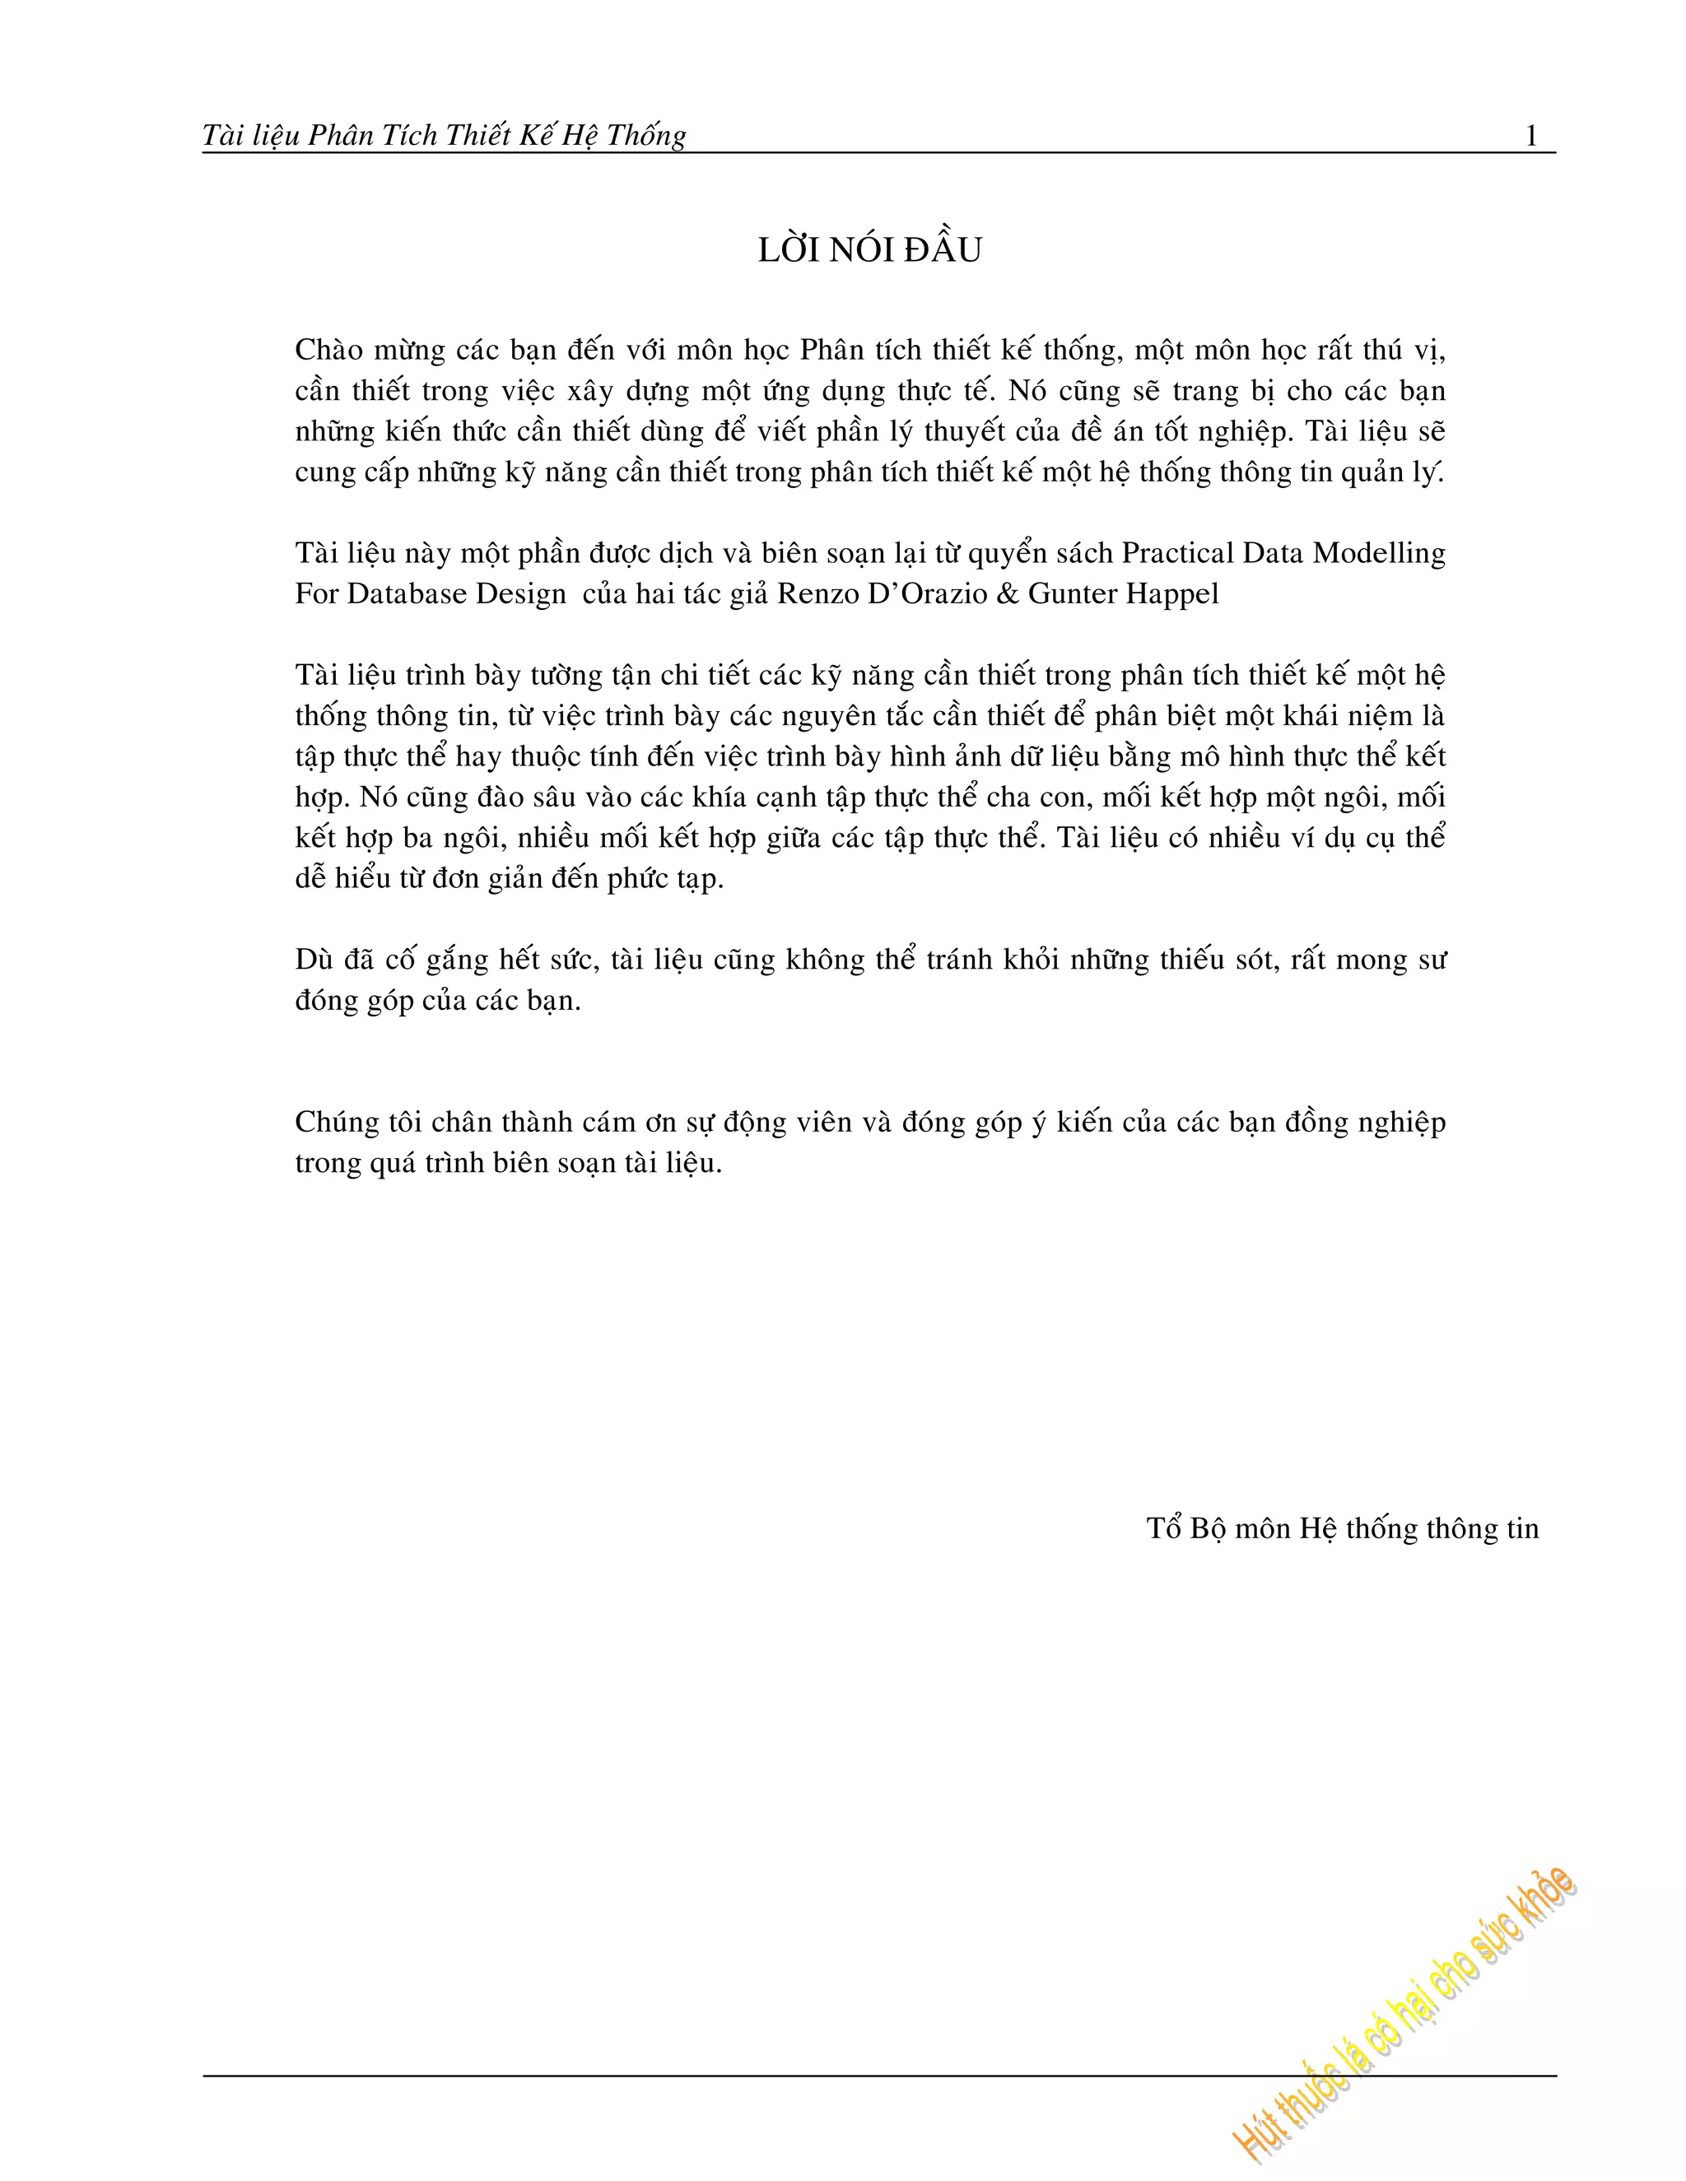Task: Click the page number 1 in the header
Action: (1531, 136)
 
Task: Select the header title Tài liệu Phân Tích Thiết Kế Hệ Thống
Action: (445, 136)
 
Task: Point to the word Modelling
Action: (1380, 553)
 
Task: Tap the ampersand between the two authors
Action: (1008, 594)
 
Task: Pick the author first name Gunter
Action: (1072, 594)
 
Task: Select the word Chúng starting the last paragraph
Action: (338, 1123)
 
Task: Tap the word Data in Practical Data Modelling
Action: (1273, 553)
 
